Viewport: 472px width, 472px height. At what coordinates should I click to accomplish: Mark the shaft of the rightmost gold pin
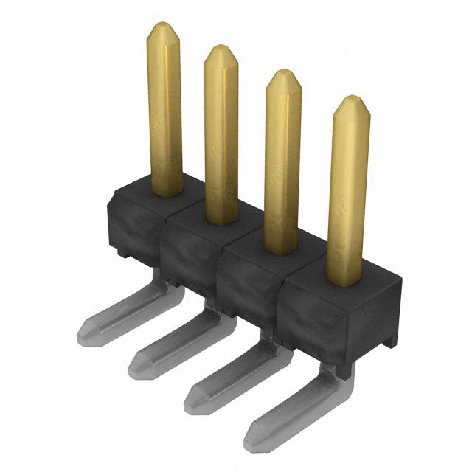pyautogui.click(x=348, y=192)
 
